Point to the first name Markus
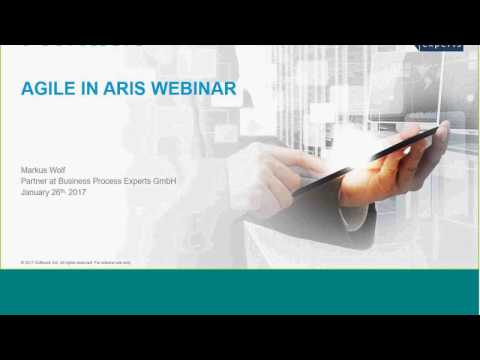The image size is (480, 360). click(x=35, y=170)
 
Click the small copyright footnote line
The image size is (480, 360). click(x=76, y=262)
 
